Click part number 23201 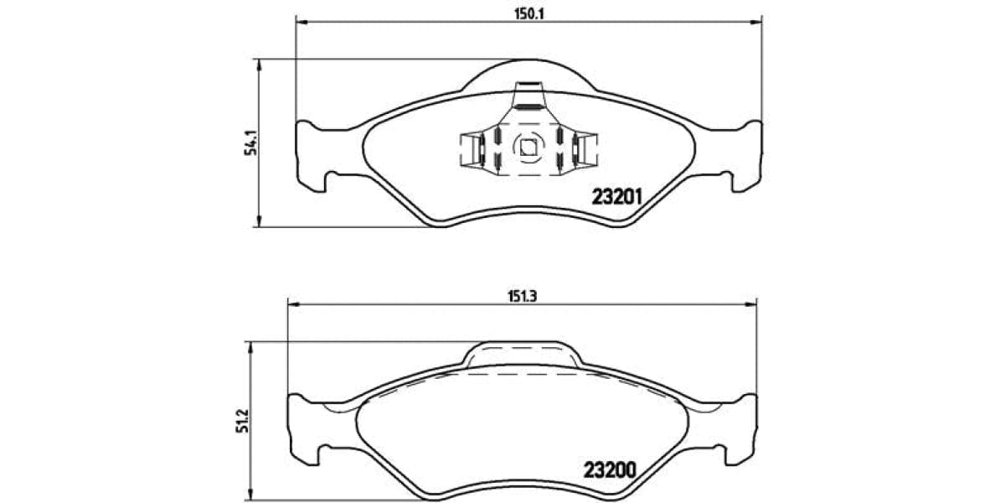click(x=616, y=197)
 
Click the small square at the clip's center click(x=528, y=148)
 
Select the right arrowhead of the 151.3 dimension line click(x=754, y=304)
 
